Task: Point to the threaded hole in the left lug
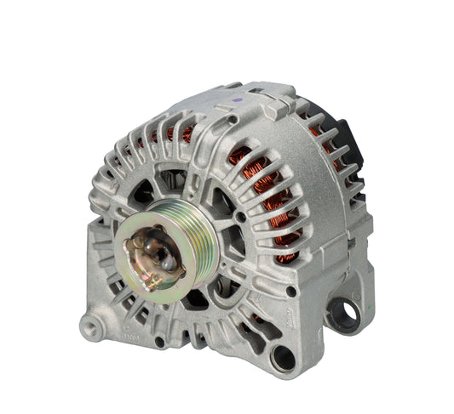pyautogui.click(x=89, y=326)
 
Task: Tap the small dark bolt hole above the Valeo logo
pyautogui.click(x=291, y=292)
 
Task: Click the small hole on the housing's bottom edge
pyautogui.click(x=159, y=342)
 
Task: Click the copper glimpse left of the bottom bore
pyautogui.click(x=253, y=320)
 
